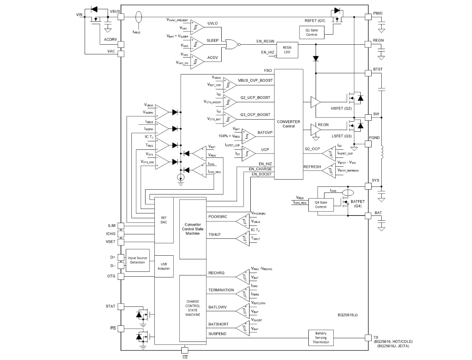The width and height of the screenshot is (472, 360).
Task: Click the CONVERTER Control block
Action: click(x=288, y=124)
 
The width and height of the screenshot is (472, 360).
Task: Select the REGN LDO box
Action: click(x=287, y=50)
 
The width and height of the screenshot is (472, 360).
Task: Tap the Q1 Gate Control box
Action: click(x=312, y=32)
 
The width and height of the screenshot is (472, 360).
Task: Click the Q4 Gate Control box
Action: click(x=321, y=204)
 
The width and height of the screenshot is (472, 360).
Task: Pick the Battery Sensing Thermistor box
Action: click(x=321, y=337)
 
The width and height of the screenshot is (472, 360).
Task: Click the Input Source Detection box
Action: click(x=137, y=260)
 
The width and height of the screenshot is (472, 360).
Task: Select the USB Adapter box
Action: click(x=164, y=266)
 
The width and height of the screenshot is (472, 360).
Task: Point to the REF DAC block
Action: click(x=164, y=220)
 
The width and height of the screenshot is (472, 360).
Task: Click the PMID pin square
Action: click(x=368, y=17)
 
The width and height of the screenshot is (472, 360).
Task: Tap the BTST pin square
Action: click(x=368, y=73)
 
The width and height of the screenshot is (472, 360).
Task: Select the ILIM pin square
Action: click(x=121, y=226)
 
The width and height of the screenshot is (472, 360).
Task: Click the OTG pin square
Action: click(x=121, y=276)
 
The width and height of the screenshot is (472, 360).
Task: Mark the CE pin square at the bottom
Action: click(x=185, y=350)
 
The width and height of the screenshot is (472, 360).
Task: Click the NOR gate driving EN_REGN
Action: click(x=231, y=44)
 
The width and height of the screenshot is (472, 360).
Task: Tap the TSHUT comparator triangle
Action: click(x=242, y=238)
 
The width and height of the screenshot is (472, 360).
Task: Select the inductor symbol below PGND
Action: click(x=382, y=153)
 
